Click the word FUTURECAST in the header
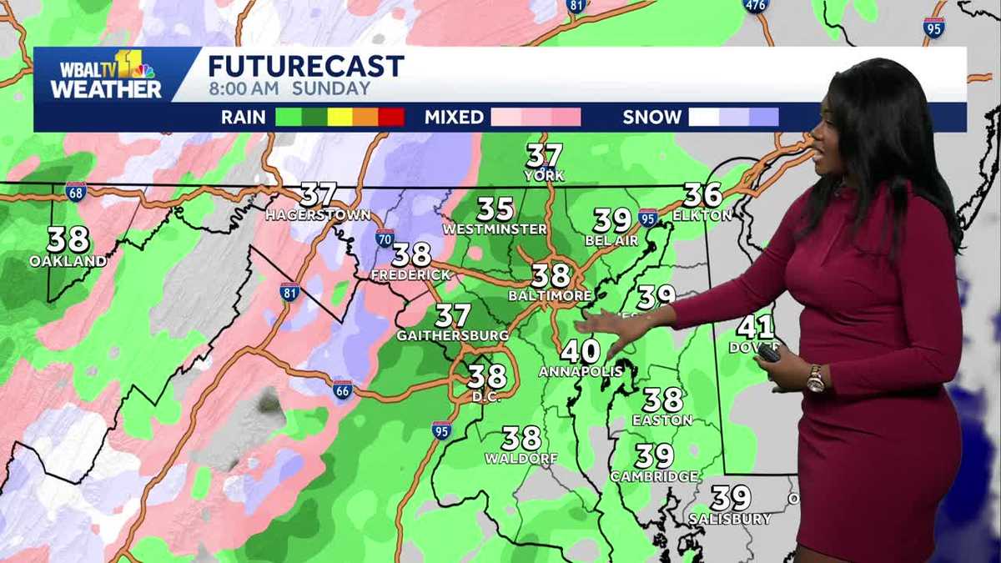[305, 66]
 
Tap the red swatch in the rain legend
[391, 117]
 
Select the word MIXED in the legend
[454, 118]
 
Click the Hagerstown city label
[318, 215]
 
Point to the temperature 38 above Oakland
[68, 239]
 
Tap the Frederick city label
[410, 274]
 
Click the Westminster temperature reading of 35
[495, 209]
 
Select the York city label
[544, 176]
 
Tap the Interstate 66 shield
[342, 390]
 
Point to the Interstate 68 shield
[75, 191]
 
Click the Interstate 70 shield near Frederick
[385, 238]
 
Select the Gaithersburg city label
[453, 335]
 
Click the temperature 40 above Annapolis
[580, 351]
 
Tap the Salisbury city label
[730, 519]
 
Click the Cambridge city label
[654, 476]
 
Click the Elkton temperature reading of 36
[702, 195]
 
